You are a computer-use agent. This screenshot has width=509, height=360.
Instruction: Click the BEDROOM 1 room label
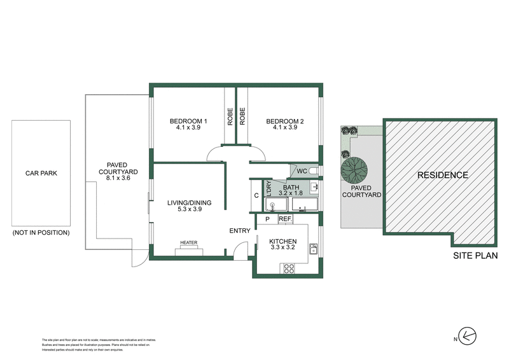click(188, 121)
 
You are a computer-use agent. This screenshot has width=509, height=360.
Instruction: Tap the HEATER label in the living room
click(188, 243)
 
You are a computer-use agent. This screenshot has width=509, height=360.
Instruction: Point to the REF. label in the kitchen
click(284, 219)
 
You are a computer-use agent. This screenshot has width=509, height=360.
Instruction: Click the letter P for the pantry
click(267, 219)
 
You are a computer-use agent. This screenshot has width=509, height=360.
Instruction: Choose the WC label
click(302, 171)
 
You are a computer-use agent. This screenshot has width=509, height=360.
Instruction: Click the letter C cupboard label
click(256, 195)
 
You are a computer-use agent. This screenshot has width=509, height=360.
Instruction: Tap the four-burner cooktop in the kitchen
click(288, 268)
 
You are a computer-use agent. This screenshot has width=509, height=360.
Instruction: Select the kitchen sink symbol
click(313, 249)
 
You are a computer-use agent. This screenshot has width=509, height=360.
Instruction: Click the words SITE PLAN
click(475, 256)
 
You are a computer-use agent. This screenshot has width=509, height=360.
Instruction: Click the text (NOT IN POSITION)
click(41, 233)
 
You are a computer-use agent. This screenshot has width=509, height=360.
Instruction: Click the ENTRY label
click(240, 231)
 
